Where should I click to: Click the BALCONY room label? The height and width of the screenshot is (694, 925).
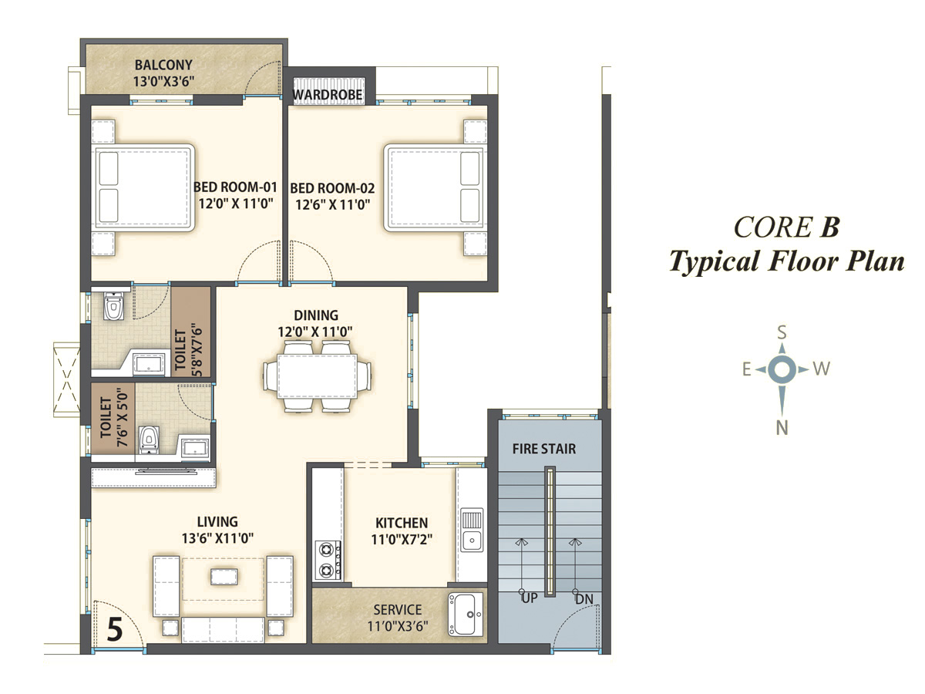(163, 65)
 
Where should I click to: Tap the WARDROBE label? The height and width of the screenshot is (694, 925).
(328, 95)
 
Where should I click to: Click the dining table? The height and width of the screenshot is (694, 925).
(317, 376)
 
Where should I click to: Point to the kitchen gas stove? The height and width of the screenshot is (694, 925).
(328, 560)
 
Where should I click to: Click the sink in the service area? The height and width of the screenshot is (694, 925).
(466, 615)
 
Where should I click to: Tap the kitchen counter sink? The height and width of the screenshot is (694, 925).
(472, 530)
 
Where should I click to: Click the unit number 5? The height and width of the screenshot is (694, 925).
(115, 629)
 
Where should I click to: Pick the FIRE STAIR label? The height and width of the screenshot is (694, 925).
(544, 449)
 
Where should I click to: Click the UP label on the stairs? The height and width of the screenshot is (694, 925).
(530, 598)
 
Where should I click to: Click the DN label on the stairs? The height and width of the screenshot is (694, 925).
(584, 599)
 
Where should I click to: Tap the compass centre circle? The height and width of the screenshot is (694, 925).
(782, 369)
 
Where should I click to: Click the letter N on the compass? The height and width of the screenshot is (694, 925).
(782, 428)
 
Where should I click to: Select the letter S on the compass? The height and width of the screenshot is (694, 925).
(782, 332)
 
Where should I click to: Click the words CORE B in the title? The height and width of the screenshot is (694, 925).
(786, 227)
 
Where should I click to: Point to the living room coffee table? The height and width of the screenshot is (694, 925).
(224, 577)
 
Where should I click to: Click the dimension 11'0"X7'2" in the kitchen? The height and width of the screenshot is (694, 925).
(402, 539)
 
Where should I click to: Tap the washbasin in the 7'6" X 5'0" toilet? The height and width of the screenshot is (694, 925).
(195, 448)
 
